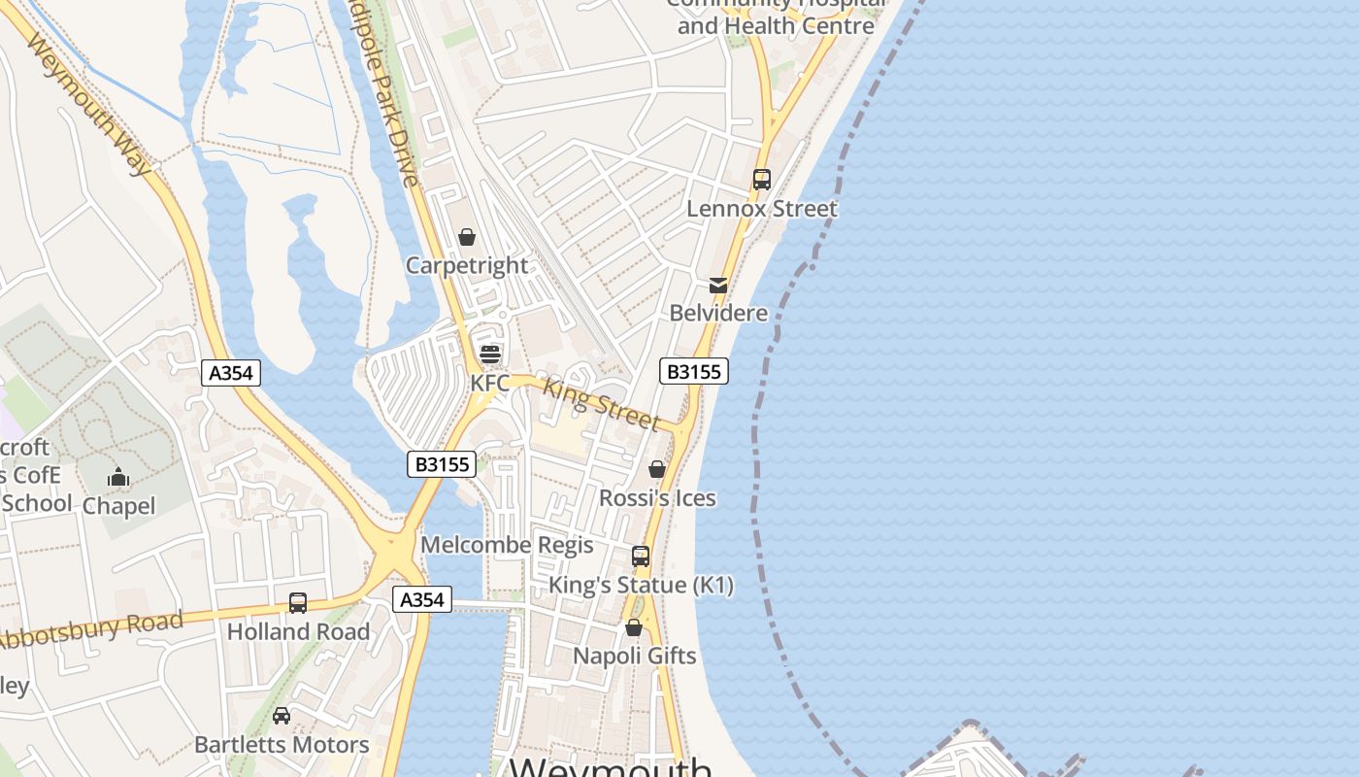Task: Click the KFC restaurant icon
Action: coord(489,354)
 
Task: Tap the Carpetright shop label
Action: coord(467,265)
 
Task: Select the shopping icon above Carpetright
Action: coord(467,237)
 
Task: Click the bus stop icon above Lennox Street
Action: coord(761,180)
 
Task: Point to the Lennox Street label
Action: coord(761,209)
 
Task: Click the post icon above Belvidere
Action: coord(718,285)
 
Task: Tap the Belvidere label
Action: coord(718,313)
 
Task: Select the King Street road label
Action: coord(601,404)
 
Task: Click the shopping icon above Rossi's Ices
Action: coord(657,469)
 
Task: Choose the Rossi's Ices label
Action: coord(657,498)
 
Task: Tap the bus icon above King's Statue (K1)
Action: coord(641,557)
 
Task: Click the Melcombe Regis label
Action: coord(507,545)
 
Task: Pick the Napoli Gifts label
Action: coord(634,656)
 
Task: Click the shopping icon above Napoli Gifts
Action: coord(634,627)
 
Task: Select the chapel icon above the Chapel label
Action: coord(118,477)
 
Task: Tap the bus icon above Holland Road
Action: coord(298,603)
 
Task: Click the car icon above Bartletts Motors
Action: coord(282,716)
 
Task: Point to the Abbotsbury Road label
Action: coord(92,630)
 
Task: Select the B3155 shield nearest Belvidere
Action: coord(694,371)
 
